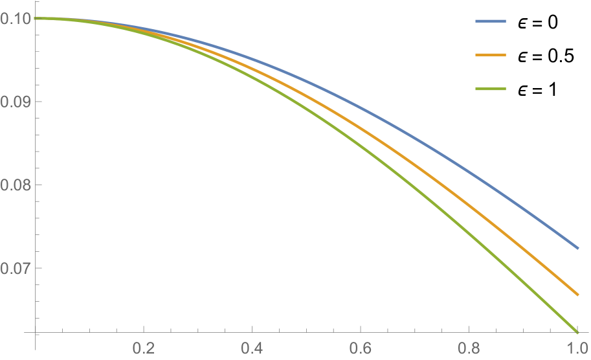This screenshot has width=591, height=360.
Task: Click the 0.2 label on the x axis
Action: click(x=144, y=348)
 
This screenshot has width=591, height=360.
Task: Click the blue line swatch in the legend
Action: click(x=491, y=21)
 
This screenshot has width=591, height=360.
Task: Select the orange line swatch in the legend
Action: click(x=491, y=55)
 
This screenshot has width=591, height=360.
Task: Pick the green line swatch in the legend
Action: click(x=491, y=89)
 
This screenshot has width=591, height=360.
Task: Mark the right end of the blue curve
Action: click(x=577, y=248)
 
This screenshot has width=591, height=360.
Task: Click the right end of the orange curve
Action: click(x=577, y=295)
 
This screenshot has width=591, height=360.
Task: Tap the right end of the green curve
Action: click(x=577, y=332)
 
